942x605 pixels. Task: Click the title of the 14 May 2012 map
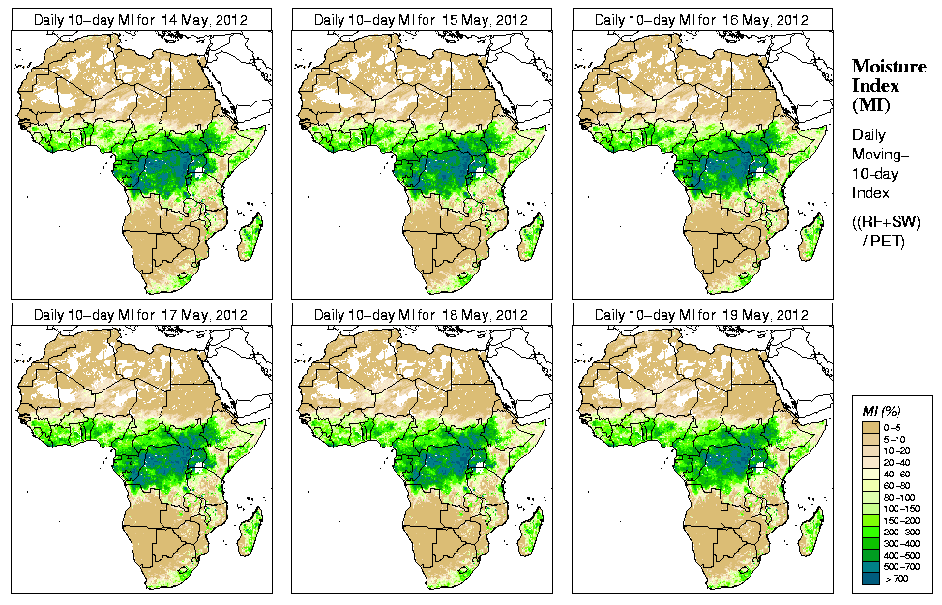click(x=141, y=19)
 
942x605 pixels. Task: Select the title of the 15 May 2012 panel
click(x=422, y=19)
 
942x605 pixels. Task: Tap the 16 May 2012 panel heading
click(x=702, y=19)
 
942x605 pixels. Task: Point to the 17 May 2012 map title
click(x=141, y=315)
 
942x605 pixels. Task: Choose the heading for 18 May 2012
click(x=422, y=315)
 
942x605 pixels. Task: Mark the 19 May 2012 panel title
click(x=702, y=315)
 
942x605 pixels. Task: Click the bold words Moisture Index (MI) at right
click(x=888, y=84)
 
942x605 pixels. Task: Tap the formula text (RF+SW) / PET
click(x=888, y=232)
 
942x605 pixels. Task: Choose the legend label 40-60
click(x=903, y=475)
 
